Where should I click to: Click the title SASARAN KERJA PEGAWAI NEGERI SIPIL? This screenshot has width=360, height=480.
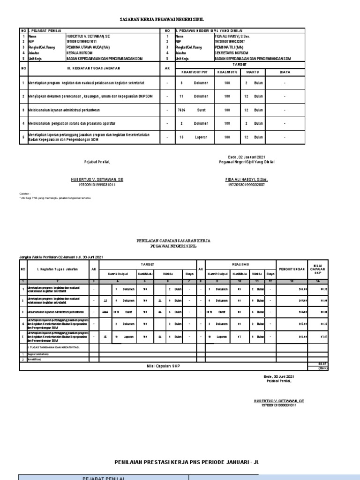pos(180,21)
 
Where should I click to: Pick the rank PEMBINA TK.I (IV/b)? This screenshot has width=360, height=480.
pos(230,47)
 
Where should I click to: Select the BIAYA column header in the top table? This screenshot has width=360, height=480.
pos(285,72)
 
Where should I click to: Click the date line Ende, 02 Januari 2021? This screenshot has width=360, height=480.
pos(247,157)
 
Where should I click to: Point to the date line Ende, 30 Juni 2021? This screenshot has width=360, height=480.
pos(278,376)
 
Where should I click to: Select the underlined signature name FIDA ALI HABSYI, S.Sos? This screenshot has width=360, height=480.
pos(247,180)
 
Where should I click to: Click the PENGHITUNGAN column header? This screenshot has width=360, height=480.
pos(292,269)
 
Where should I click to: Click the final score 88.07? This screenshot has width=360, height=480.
pos(322,364)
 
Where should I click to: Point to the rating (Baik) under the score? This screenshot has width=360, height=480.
pos(322,368)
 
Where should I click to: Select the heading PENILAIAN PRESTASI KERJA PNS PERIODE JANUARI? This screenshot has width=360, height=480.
pos(186,462)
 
